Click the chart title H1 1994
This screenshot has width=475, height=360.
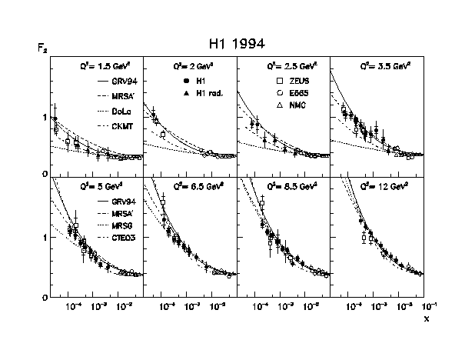pyautogui.click(x=237, y=43)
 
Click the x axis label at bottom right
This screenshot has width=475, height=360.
pyautogui.click(x=427, y=318)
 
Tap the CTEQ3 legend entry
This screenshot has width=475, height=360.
pyautogui.click(x=118, y=237)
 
